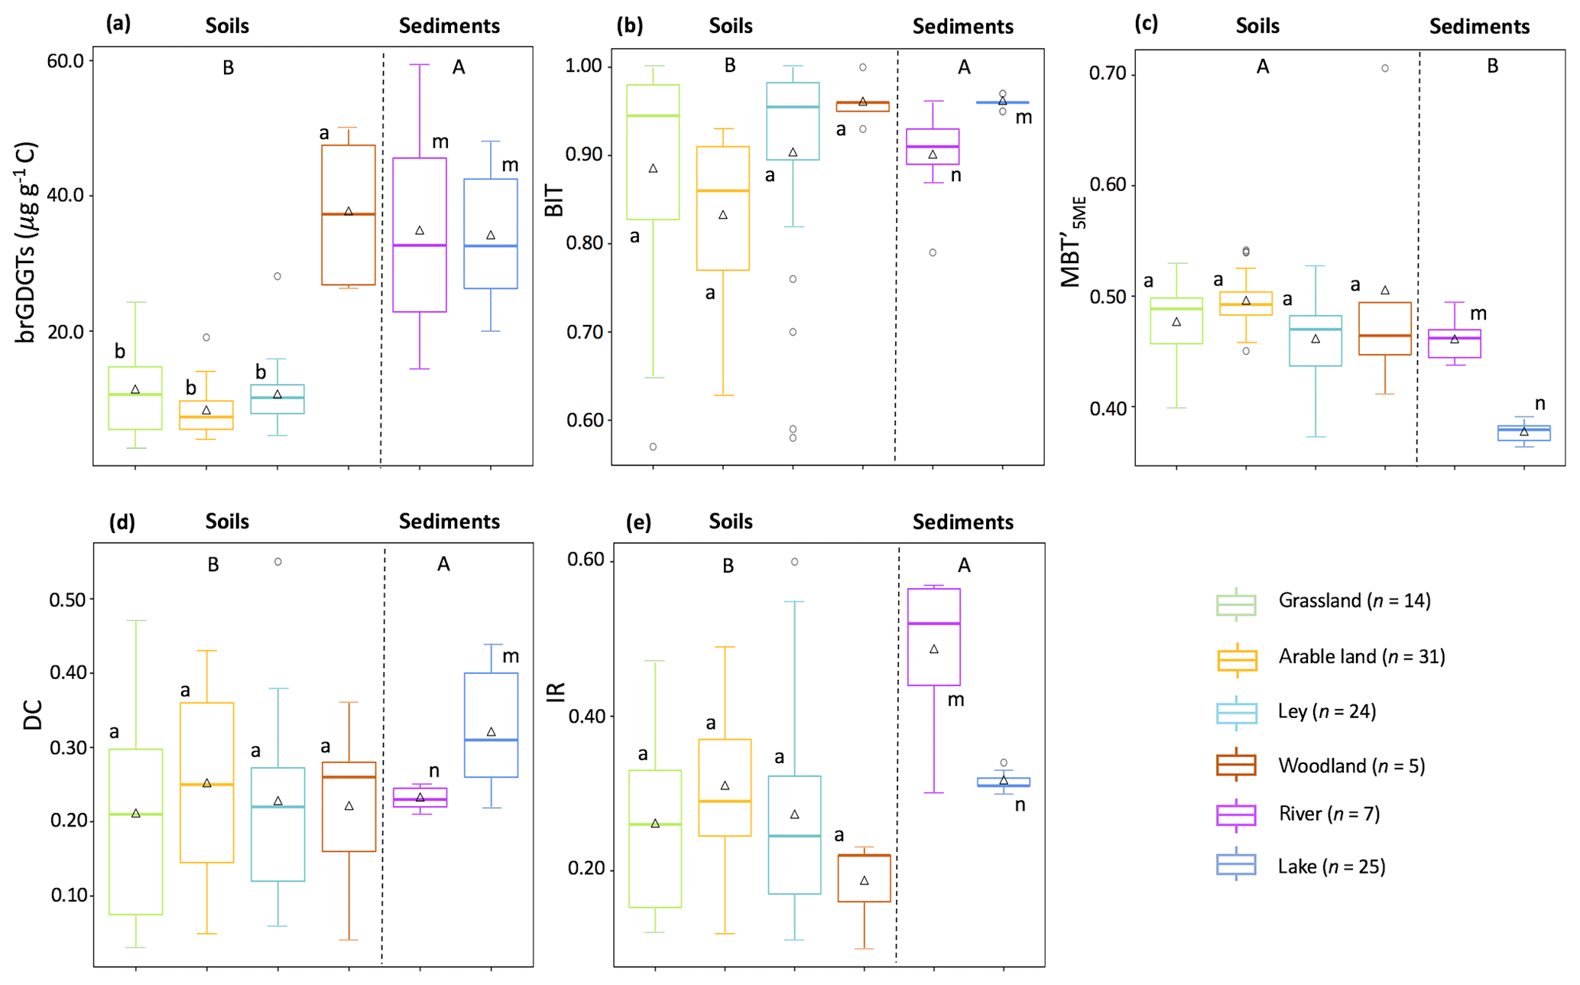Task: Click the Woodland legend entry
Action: click(1351, 766)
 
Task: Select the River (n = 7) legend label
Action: click(1329, 814)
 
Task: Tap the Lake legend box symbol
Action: click(1235, 864)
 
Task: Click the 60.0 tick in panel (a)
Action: click(65, 60)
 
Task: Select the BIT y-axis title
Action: click(554, 200)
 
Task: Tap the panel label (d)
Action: click(122, 522)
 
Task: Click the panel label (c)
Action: click(1147, 24)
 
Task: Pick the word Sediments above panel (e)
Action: click(962, 522)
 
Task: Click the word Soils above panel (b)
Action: click(730, 26)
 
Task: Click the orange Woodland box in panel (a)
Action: click(349, 215)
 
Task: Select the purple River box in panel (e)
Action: click(934, 636)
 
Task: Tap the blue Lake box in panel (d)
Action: click(491, 724)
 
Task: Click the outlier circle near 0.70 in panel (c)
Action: click(1384, 69)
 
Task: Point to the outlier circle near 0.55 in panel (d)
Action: click(278, 562)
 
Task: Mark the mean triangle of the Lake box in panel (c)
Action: click(1523, 432)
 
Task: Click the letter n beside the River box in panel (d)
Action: click(434, 771)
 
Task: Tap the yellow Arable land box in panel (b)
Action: click(722, 208)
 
